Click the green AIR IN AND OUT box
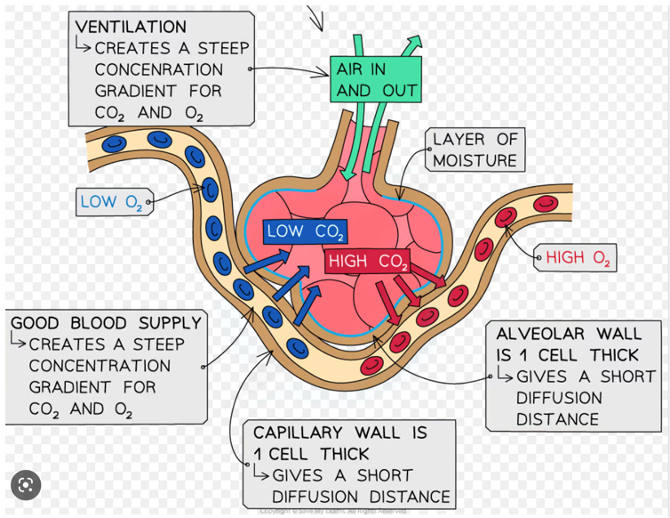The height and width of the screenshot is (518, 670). click(x=376, y=80)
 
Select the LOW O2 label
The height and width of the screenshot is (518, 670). click(x=112, y=202)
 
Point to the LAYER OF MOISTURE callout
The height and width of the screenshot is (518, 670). click(x=475, y=150)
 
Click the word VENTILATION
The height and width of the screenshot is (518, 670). click(x=131, y=28)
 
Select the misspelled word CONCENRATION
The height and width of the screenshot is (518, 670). click(x=159, y=69)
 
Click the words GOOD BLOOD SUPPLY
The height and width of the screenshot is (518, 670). click(x=107, y=322)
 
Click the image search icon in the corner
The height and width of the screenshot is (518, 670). click(x=26, y=485)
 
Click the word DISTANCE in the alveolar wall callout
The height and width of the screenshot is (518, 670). click(x=557, y=419)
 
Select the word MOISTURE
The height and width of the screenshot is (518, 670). click(x=475, y=160)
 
